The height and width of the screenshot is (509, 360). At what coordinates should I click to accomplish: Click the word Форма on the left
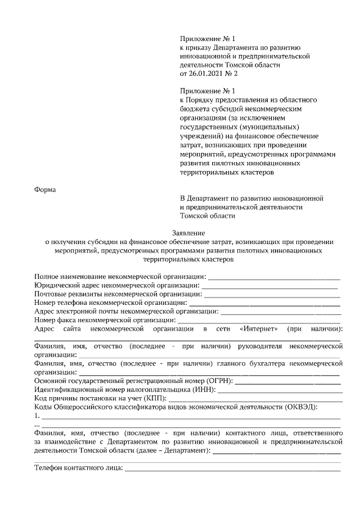coord(45,189)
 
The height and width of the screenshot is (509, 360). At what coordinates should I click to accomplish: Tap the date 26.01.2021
coord(207,73)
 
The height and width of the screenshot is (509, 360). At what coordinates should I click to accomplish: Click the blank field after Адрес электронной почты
coord(281,311)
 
